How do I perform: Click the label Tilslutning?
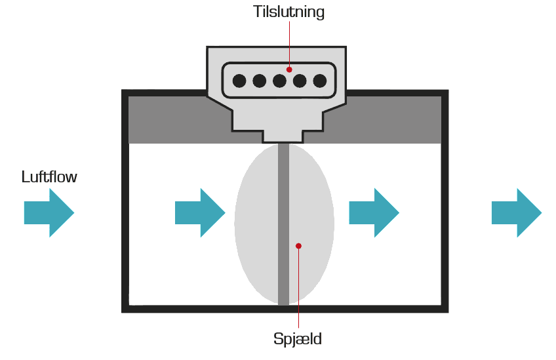coord(288,12)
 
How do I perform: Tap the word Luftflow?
coord(49,177)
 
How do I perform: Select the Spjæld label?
coord(298,340)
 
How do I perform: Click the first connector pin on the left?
coord(239,81)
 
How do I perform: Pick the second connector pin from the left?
coord(260,81)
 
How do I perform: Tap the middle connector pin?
coord(280,81)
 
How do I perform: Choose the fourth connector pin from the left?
coord(300,81)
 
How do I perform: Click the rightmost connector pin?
coord(320,81)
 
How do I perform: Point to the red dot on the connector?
coord(289,69)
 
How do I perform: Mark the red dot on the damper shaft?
coord(298,246)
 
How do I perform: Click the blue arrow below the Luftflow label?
coord(49,212)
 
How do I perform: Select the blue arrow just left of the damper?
coord(199,212)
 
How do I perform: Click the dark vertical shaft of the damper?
coord(283,197)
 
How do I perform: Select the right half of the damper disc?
coord(313,223)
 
